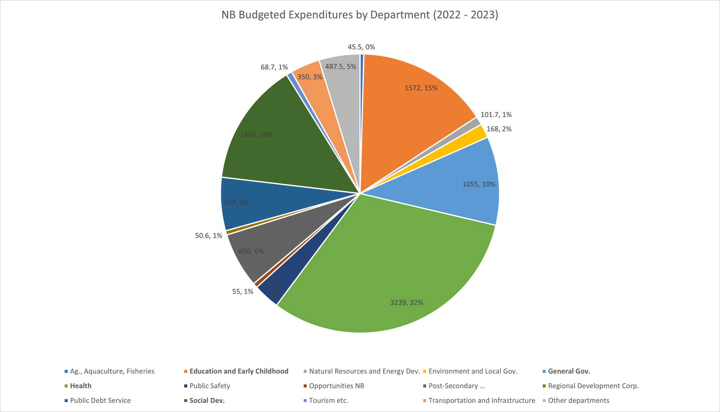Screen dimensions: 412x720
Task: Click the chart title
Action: coord(360,15)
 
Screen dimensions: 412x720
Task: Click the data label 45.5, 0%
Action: coord(361,47)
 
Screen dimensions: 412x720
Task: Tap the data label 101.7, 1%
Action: coord(496,115)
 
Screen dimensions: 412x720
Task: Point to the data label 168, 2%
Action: coord(499,129)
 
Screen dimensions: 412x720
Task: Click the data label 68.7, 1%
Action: coord(274,67)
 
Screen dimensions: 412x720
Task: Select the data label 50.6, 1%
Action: coord(208,236)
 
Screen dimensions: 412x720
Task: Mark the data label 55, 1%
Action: coord(243,292)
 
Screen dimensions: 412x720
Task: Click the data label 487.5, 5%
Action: coord(340,67)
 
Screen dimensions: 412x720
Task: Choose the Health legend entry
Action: coord(81,386)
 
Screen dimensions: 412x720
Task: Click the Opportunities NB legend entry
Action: coord(336,386)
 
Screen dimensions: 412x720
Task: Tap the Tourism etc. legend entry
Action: coord(328,400)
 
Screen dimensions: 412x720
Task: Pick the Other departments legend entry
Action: coord(579,400)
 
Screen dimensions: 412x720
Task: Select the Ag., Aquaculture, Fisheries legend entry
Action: coord(112,371)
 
